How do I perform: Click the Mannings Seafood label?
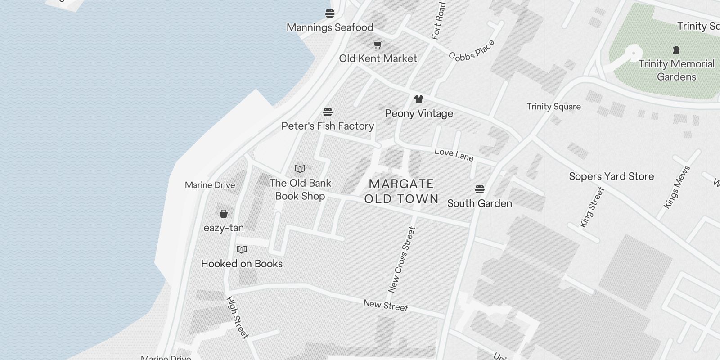330,27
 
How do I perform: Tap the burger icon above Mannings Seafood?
330,13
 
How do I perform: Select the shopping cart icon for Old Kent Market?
378,45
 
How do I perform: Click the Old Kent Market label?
378,58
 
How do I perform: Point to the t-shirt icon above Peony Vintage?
419,99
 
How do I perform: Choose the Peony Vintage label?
419,113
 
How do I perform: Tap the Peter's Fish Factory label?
328,126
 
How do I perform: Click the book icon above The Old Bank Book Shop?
300,169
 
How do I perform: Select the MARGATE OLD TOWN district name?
401,191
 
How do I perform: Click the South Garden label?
480,203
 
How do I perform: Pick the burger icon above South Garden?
480,189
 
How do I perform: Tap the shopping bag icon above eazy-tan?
224,214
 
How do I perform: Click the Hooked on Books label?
242,264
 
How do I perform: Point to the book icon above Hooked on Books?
242,250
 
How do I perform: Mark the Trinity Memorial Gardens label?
676,70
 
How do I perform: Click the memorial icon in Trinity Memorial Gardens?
676,50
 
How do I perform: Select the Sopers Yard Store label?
612,176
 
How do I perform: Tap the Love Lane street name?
454,154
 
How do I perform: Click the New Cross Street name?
402,260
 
